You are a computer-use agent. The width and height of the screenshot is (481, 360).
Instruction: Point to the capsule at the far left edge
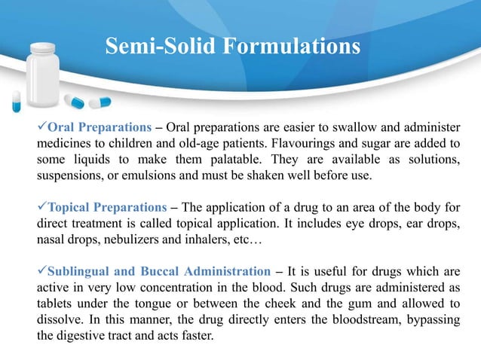pos(16,99)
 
